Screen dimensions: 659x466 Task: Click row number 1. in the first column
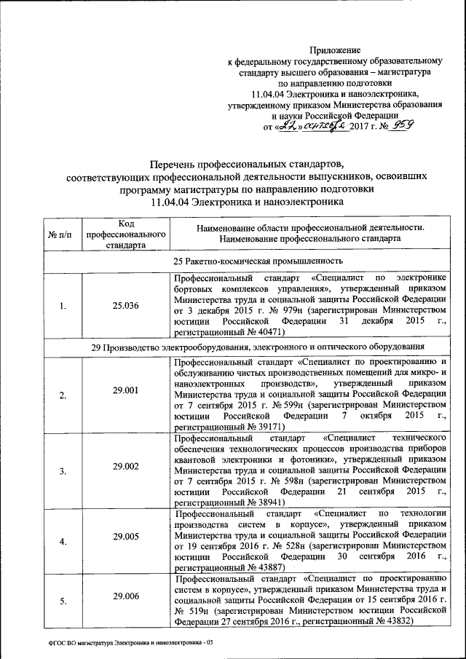coord(63,306)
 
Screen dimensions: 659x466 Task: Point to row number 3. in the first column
coord(63,471)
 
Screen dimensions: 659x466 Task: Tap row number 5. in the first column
coord(63,601)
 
